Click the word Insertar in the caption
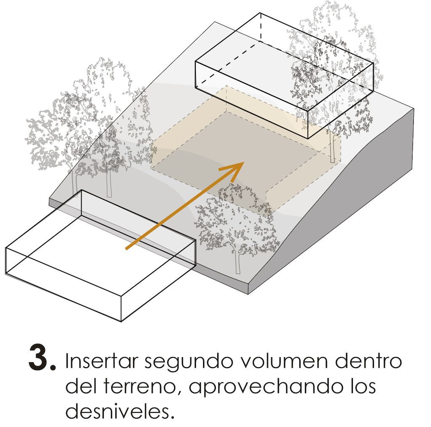101,361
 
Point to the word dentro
368,361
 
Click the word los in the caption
363,386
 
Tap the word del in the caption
80,386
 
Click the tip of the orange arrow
244,162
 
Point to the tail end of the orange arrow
126,249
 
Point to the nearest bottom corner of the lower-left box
121,321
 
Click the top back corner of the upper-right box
260,13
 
